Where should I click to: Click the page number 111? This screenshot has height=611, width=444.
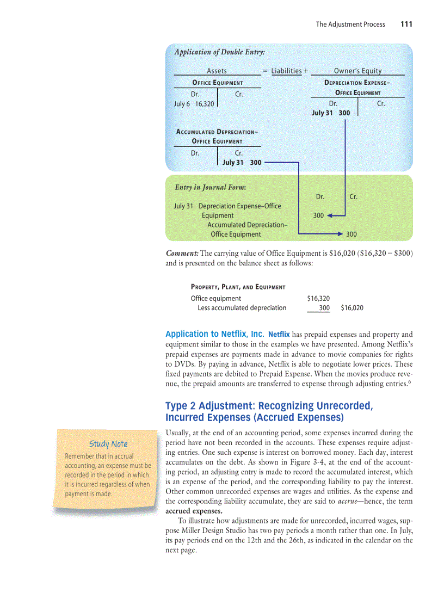tap(406, 24)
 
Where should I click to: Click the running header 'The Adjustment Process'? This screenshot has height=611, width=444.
tap(350, 24)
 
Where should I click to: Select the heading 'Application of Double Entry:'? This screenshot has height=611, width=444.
tap(219, 52)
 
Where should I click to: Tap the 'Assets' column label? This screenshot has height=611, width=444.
tap(217, 71)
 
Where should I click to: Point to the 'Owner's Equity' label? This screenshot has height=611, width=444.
tap(357, 71)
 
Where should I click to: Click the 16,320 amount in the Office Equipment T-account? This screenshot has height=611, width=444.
tap(205, 103)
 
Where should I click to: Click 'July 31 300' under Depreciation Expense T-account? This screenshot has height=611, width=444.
tap(331, 113)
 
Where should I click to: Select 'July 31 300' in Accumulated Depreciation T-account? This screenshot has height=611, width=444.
tap(242, 162)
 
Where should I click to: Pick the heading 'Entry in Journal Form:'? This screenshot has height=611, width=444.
tap(210, 187)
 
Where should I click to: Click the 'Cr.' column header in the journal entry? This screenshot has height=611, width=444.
tap(353, 196)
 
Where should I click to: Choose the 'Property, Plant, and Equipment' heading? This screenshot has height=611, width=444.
tap(238, 287)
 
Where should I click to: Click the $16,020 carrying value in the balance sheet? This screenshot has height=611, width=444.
tap(352, 308)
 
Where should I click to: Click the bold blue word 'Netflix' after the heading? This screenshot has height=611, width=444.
tap(279, 334)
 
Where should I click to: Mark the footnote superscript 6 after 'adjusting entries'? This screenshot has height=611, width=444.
tap(410, 381)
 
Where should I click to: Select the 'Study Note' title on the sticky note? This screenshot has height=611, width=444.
tap(109, 444)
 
